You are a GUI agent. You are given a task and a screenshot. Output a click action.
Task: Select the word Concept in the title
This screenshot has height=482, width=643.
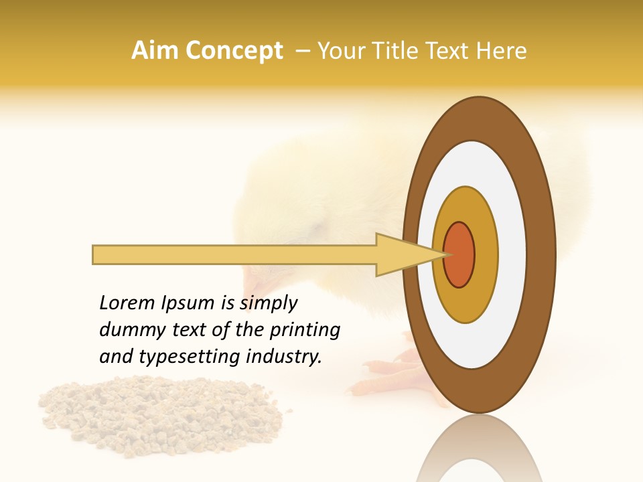(234, 51)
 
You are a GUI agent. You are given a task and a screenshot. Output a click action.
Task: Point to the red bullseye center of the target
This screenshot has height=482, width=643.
(459, 255)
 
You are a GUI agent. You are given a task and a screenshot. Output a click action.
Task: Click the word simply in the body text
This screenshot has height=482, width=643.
(268, 304)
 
